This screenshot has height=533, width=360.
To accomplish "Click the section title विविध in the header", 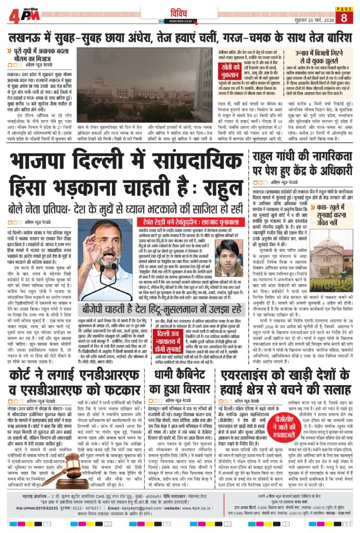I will pos(179,11).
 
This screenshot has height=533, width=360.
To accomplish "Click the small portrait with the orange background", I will pos(229,258).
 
